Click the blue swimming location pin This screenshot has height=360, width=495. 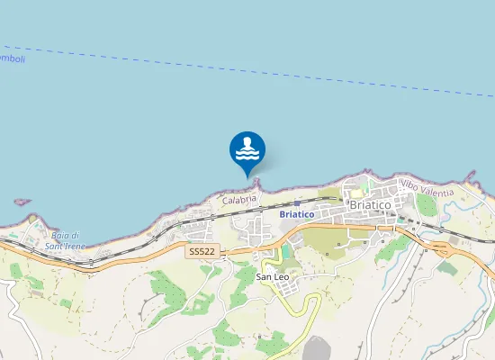pos(247,150)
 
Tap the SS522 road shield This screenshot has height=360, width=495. pos(202,253)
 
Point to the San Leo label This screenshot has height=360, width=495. pos(271,276)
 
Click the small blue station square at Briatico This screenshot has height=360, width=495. pos(297,203)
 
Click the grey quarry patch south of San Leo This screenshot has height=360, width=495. pos(317,349)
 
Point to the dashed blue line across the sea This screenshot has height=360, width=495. pos(270,73)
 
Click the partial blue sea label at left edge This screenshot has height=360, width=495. pos(11,58)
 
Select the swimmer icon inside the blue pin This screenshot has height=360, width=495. pos(247,143)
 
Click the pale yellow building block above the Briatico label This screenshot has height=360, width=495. pos(356,191)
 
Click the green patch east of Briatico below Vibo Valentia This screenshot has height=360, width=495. pos(427,204)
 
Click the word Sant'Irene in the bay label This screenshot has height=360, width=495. pos(66,246)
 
